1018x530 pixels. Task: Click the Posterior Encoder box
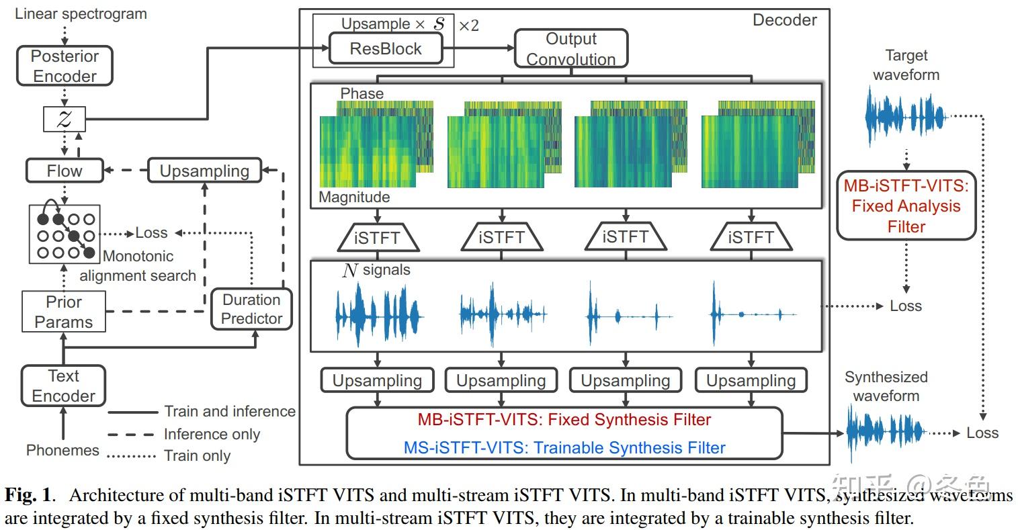coord(65,66)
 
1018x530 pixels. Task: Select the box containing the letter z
coord(65,120)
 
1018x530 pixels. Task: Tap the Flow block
coord(65,171)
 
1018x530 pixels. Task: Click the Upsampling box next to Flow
coord(204,171)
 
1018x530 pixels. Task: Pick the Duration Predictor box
coord(251,309)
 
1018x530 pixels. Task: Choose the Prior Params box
coord(64,312)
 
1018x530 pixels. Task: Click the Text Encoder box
coord(64,386)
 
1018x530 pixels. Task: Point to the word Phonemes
coord(62,450)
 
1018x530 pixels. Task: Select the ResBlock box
coord(386,48)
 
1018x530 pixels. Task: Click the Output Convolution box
coord(571,49)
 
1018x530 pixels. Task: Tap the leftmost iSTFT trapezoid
coord(378,237)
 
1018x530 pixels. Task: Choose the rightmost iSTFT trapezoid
coord(751,237)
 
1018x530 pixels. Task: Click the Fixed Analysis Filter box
coord(906,206)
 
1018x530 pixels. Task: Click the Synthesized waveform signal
coord(886,433)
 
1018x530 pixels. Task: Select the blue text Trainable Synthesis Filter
coord(564,447)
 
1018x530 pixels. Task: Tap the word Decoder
coord(784,20)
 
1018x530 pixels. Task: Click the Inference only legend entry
coord(212,434)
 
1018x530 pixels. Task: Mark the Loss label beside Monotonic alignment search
coord(151,233)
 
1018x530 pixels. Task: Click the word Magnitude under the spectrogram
coord(354,197)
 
